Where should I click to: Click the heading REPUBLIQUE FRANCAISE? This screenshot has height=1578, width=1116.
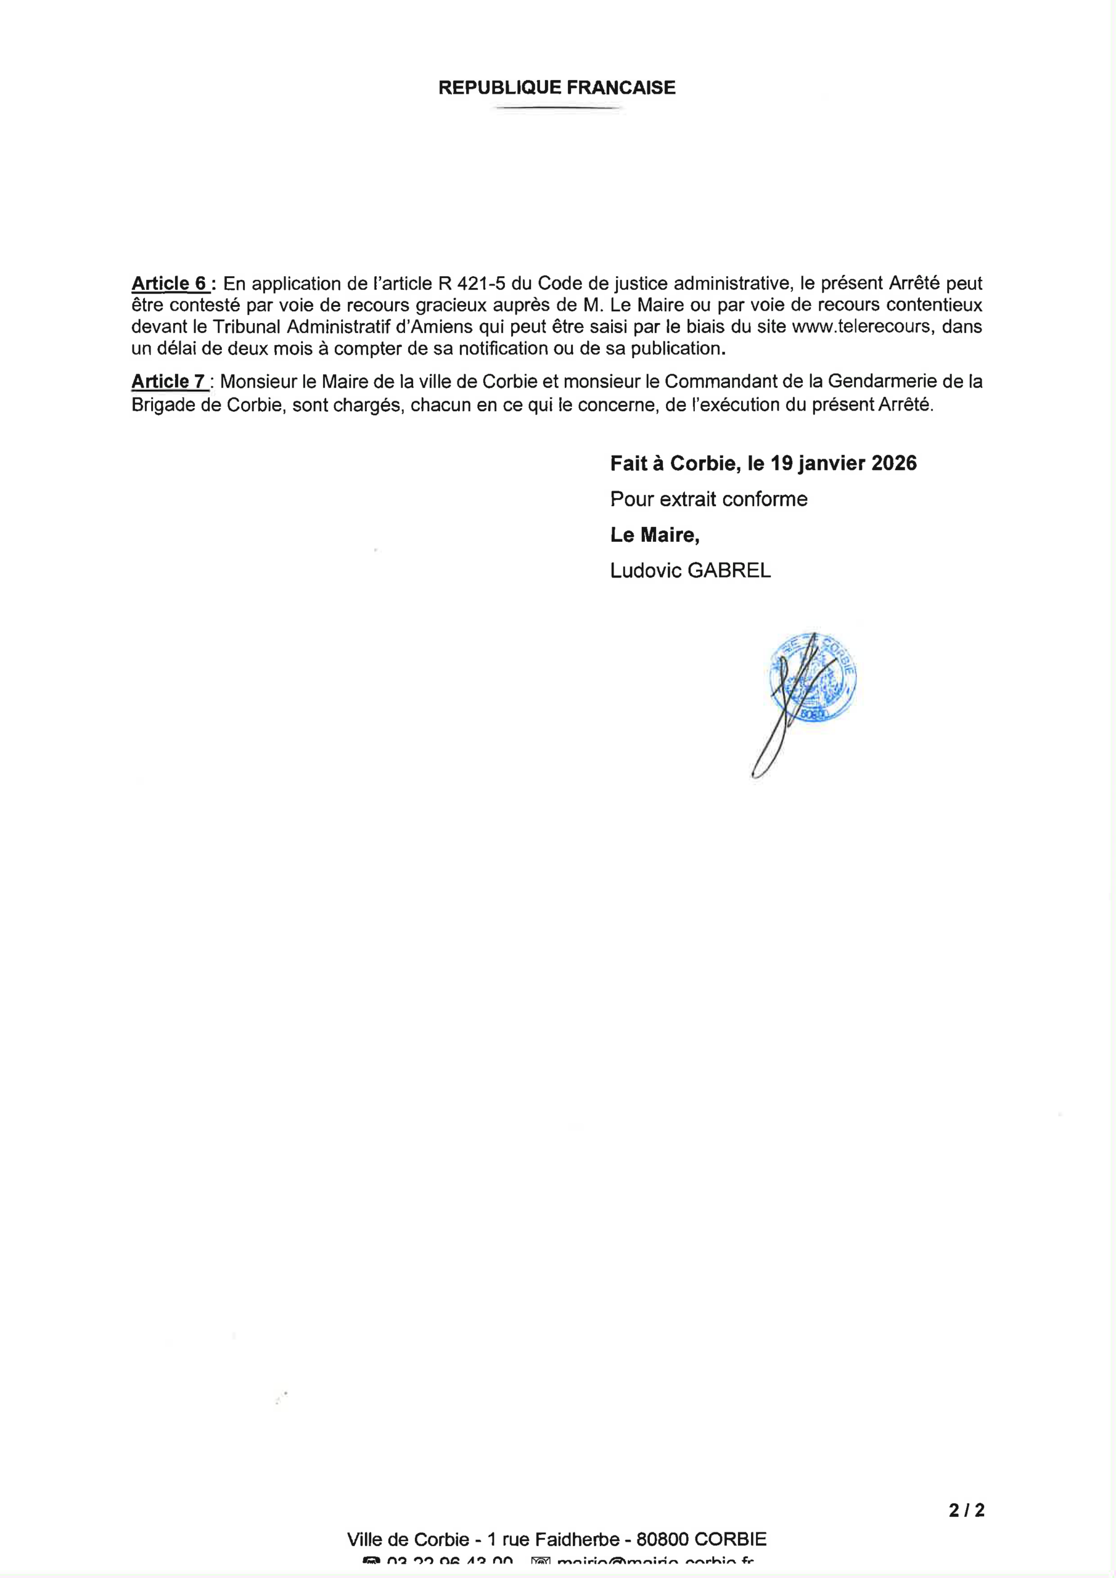pyautogui.click(x=557, y=88)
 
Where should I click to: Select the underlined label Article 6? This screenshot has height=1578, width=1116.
pyautogui.click(x=169, y=283)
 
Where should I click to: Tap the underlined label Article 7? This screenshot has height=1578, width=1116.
pyautogui.click(x=168, y=382)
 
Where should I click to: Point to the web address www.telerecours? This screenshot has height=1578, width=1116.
pyautogui.click(x=861, y=327)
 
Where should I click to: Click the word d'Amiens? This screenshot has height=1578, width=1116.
pyautogui.click(x=435, y=327)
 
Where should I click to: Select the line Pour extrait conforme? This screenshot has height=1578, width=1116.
pyautogui.click(x=708, y=499)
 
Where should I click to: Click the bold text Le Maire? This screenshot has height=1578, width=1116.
pyautogui.click(x=655, y=534)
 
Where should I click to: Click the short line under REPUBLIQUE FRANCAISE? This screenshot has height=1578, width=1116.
pyautogui.click(x=557, y=108)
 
